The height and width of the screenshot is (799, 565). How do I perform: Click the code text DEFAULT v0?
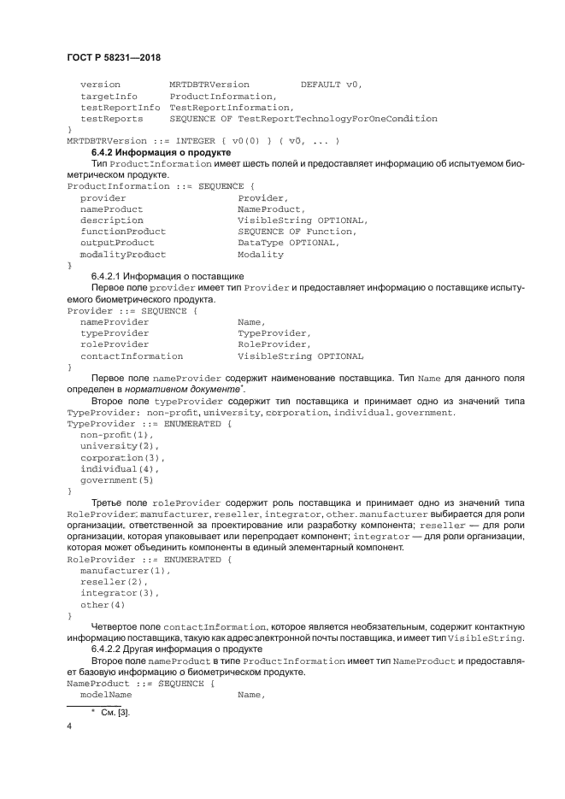click(332, 85)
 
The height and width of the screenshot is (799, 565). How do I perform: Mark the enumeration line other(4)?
click(103, 604)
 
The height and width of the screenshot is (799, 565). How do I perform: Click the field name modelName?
click(106, 695)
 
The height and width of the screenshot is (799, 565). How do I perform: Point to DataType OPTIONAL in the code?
click(288, 243)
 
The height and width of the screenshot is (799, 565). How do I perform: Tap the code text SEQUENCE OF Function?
click(295, 232)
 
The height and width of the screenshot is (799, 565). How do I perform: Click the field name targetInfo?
click(109, 97)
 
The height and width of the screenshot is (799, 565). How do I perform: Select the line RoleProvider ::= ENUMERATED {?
click(149, 559)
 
